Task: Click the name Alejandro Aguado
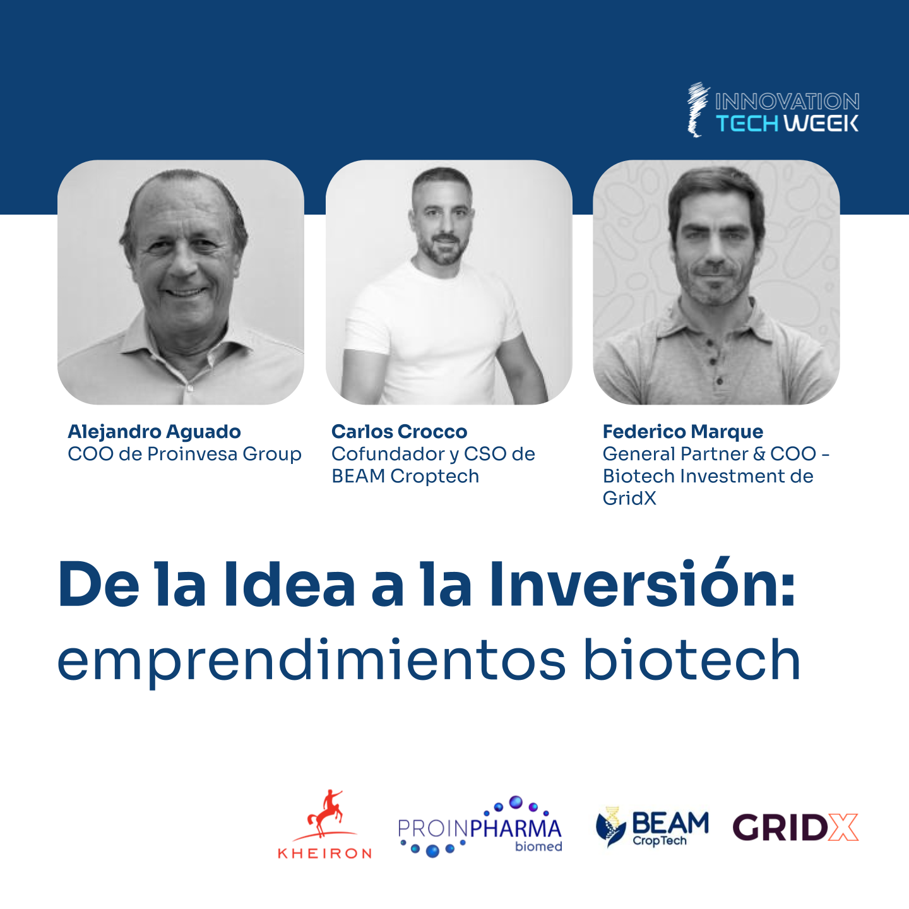click(x=154, y=432)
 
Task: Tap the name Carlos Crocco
click(x=399, y=432)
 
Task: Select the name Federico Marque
click(x=682, y=432)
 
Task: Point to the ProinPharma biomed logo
click(x=480, y=827)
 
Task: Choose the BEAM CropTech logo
click(x=652, y=828)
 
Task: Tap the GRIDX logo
click(x=795, y=828)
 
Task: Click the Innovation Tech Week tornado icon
click(x=698, y=110)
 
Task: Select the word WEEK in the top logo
click(x=821, y=124)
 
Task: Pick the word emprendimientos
click(x=311, y=662)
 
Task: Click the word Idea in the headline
click(x=289, y=585)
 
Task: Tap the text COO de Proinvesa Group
click(x=184, y=454)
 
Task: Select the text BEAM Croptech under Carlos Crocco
click(x=405, y=476)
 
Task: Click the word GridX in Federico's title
click(x=629, y=498)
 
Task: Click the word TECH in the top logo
click(x=747, y=124)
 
